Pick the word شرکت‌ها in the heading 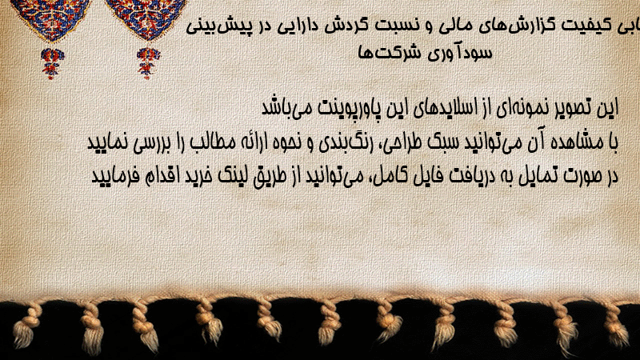390,53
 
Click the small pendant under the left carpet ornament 52,63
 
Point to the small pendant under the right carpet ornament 148,63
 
